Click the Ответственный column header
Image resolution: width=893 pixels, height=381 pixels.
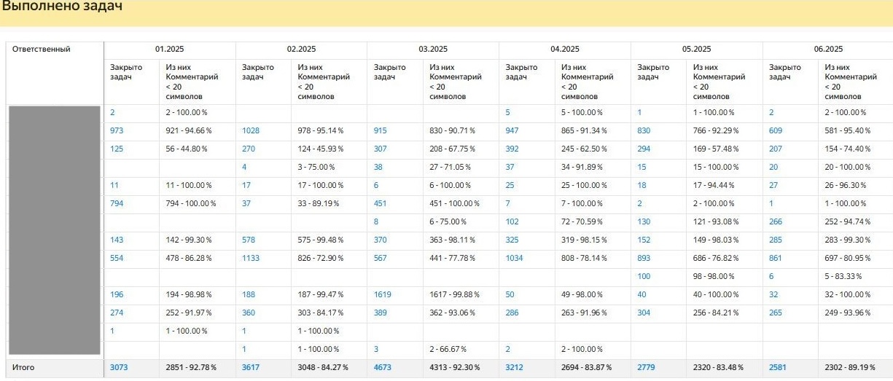coord(41,50)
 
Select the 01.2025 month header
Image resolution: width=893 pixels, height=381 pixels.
coord(169,50)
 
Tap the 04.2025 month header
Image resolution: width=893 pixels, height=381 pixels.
coord(564,50)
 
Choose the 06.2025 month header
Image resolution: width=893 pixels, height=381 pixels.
coord(827,50)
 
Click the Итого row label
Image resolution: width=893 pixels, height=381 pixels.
coord(23,367)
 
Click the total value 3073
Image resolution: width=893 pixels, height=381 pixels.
coord(119,367)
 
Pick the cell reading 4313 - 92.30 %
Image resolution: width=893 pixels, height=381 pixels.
coord(455,367)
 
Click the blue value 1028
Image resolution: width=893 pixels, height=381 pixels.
coord(251,130)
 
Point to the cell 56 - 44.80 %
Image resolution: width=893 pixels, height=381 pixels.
coord(187,149)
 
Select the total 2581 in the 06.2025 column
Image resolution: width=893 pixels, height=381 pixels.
coord(778,367)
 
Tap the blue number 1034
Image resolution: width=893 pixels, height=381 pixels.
coord(515,258)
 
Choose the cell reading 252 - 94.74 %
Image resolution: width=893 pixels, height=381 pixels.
coord(848,221)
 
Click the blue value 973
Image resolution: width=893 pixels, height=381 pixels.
coord(117,130)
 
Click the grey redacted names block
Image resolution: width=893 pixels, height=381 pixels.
coord(53,229)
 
